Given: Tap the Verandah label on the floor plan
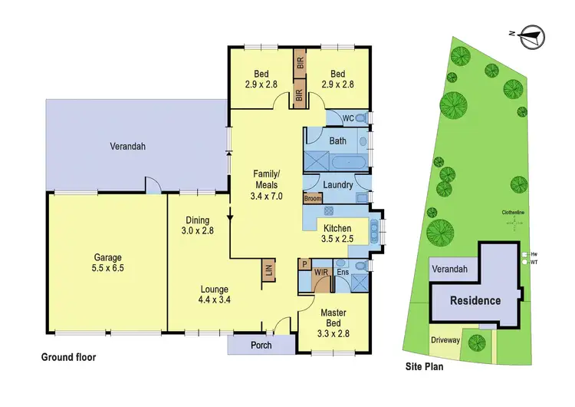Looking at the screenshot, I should tap(127, 146).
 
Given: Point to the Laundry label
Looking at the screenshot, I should tap(338, 185).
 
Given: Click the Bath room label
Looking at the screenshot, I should tap(337, 141).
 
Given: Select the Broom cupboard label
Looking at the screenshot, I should tap(312, 199).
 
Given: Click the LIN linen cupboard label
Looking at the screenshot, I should tap(269, 270).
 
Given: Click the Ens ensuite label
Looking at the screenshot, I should tap(343, 272).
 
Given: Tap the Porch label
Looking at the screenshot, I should tap(261, 345).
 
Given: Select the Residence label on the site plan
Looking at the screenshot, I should tap(475, 300).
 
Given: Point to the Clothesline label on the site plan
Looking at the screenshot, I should tap(513, 213).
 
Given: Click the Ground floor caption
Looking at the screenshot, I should tap(68, 358).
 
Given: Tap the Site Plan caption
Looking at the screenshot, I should tap(424, 367).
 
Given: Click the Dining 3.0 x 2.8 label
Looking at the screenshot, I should tap(197, 223).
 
